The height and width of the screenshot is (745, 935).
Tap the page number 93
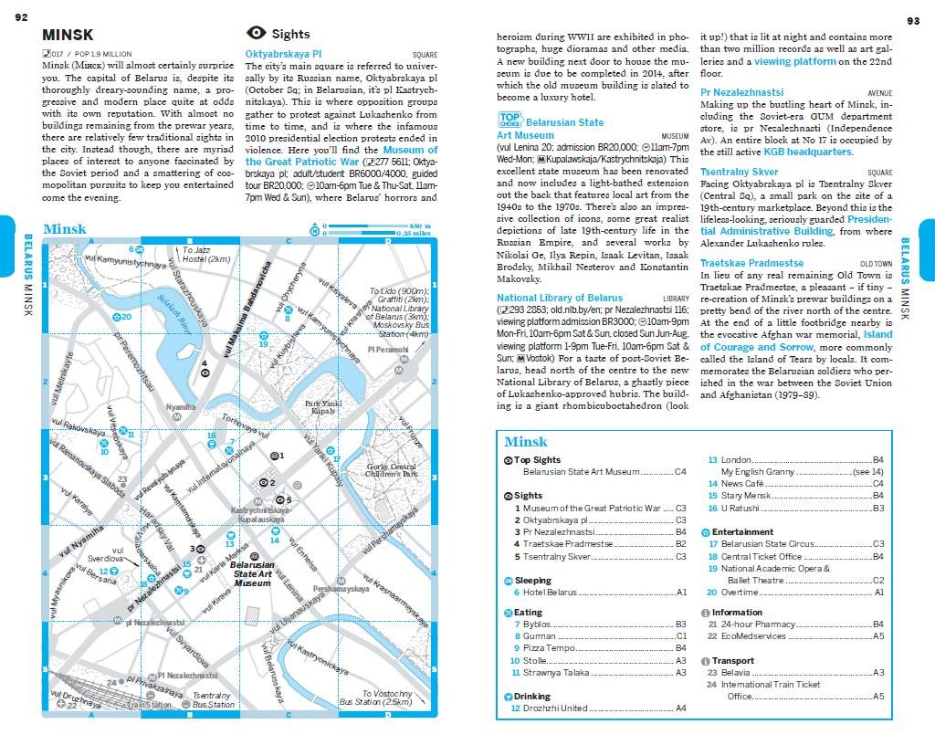click(x=913, y=20)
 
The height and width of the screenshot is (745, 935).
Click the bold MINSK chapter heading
click(x=67, y=36)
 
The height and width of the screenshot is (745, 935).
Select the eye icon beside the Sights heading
click(x=257, y=34)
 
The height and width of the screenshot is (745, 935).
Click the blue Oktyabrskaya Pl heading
click(x=283, y=55)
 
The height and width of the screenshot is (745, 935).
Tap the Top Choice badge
click(x=510, y=119)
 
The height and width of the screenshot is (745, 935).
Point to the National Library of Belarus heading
click(x=559, y=298)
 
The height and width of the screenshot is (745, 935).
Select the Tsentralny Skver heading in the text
click(x=739, y=172)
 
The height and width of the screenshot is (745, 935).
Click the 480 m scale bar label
click(x=419, y=226)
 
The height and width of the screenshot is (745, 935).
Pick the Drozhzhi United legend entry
click(x=556, y=708)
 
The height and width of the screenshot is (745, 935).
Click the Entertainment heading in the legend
click(x=742, y=531)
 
